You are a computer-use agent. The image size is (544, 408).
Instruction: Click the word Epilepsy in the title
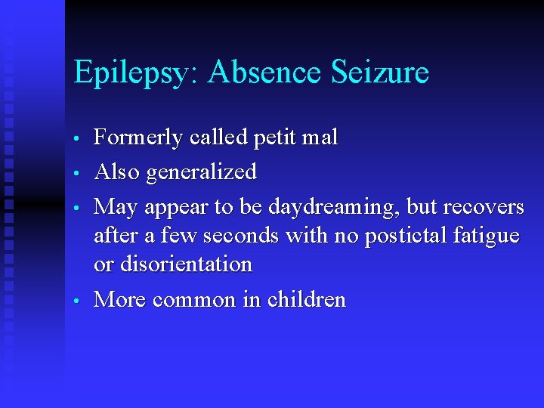(134, 73)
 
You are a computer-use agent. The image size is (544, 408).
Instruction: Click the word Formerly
(138, 138)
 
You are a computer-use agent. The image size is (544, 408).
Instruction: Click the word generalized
(201, 173)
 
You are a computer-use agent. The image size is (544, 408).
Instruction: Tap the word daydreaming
(332, 207)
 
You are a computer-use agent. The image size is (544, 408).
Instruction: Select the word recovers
(484, 207)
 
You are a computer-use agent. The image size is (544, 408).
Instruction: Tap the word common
(194, 301)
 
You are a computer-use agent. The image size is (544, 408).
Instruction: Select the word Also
(116, 172)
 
